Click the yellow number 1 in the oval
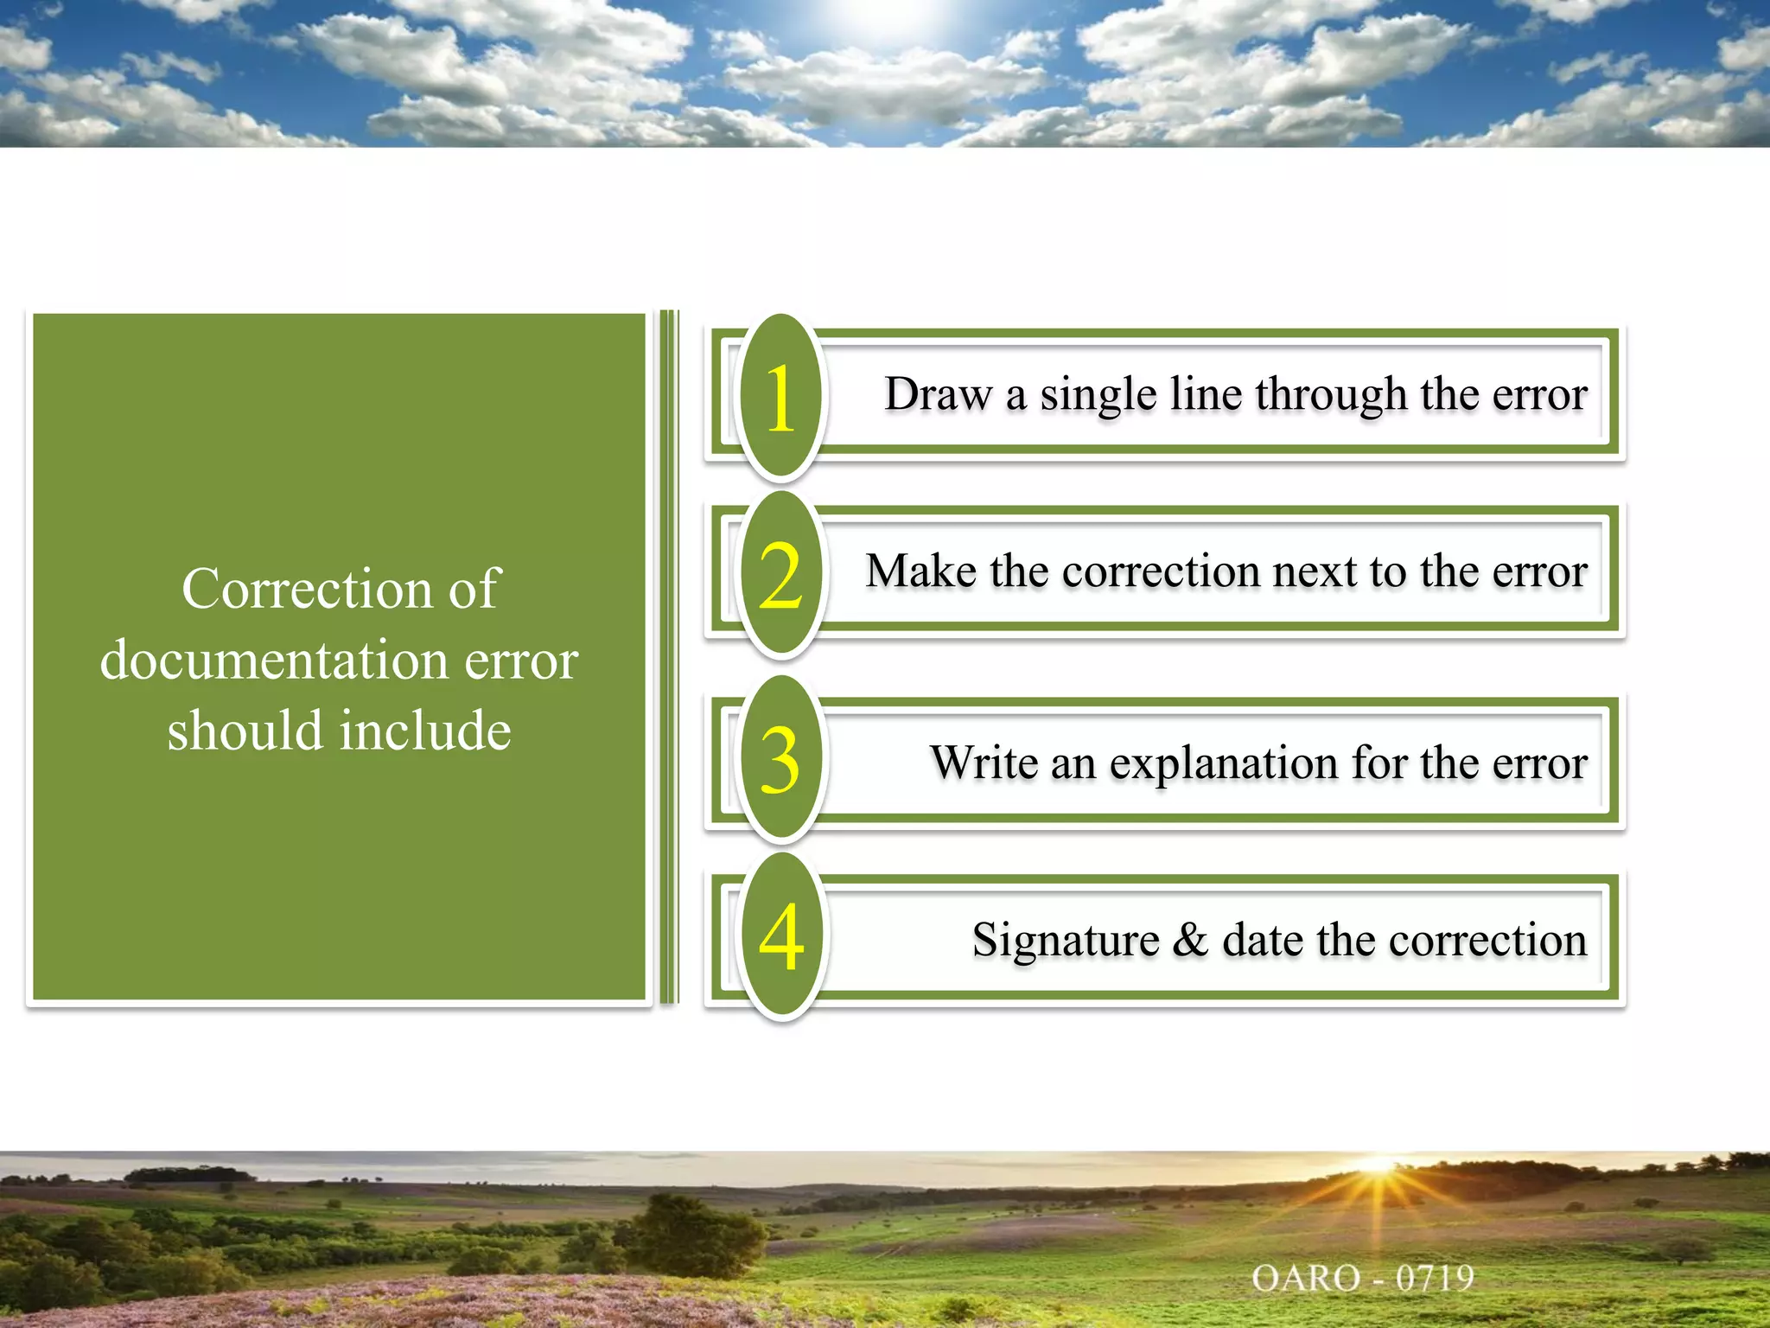780,398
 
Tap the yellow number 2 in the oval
780,575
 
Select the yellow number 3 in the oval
780,760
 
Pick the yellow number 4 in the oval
780,937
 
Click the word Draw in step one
939,394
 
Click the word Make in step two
921,571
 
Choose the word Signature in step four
1065,941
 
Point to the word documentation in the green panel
275,661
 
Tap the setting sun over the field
1378,1165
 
